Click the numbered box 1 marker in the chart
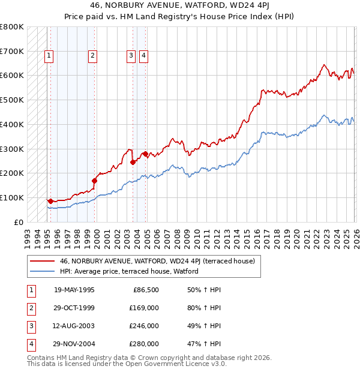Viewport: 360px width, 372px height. pos(49,56)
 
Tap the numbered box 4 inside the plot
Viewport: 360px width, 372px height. pos(144,56)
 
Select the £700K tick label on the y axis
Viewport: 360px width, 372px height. pos(12,51)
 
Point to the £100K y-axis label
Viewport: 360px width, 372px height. pos(12,197)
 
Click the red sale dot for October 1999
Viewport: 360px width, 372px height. pos(95,180)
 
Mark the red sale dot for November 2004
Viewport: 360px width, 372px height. pos(145,154)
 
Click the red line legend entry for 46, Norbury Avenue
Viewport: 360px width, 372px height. pos(157,261)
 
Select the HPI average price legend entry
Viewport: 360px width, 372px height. pos(128,271)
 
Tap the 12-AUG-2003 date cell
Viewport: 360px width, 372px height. pos(74,326)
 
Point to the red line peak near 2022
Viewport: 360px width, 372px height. pos(324,65)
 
